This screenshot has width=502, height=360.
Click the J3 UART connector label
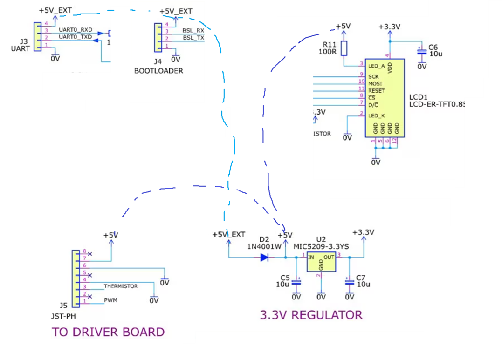tap(20, 45)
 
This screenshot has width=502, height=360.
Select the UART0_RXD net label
tap(75, 30)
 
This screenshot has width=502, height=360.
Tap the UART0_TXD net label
tap(75, 36)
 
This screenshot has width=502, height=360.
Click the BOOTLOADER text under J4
tap(158, 71)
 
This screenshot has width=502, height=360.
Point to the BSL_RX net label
tap(193, 30)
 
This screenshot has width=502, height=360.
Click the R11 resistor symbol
tap(344, 48)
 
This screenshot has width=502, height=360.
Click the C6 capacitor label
tap(433, 47)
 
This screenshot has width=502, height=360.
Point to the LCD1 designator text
tap(419, 97)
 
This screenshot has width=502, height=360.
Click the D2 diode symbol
tap(264, 257)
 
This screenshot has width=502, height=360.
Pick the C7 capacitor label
tap(361, 278)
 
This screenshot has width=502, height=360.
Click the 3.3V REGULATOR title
tap(311, 315)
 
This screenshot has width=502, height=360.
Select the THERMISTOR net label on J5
tap(121, 286)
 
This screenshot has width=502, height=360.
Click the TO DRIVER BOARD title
tap(108, 332)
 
